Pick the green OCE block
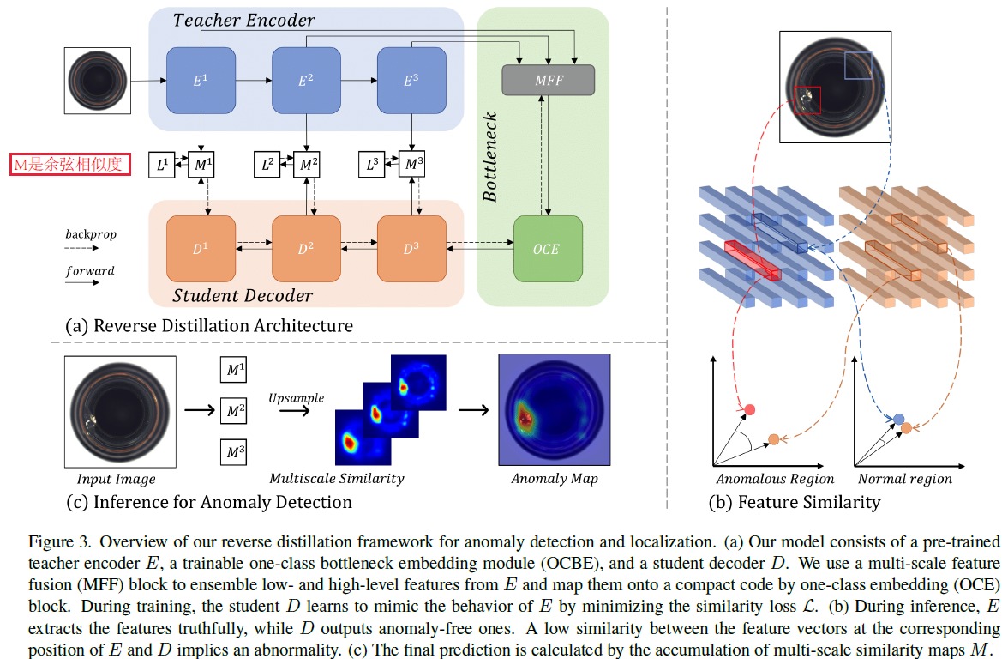coord(548,249)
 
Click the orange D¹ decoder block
coord(201,249)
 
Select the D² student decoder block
coord(306,249)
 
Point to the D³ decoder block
coord(411,249)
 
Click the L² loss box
coord(267,164)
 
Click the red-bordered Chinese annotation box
coord(69,164)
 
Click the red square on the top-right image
coord(807,100)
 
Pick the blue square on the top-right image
coord(858,65)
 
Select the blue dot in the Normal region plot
coord(898,419)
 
